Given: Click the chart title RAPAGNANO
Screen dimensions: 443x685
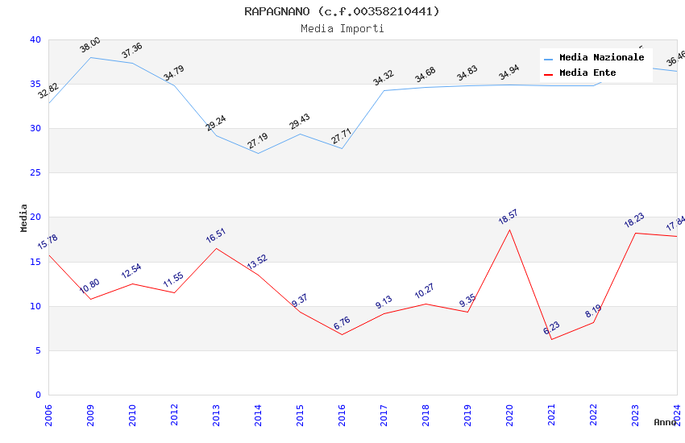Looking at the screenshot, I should coord(342,11).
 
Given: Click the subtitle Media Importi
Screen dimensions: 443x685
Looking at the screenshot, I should coord(342,28).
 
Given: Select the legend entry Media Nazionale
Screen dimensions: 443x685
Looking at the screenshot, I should coord(601,58).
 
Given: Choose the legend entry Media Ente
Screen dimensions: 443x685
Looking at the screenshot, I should coord(587,72).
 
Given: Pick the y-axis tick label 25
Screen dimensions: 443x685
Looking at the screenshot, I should coord(35,173).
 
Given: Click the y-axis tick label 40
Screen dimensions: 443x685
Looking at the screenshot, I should coord(35,39).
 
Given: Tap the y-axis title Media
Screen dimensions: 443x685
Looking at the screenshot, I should coord(23,217).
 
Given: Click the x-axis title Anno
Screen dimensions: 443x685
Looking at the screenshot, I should coord(665,422).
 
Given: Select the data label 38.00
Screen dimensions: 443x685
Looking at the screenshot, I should coord(89,45).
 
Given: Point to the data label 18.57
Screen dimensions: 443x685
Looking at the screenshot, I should coord(509,217).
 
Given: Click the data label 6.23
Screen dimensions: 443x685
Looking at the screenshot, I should coord(551,328).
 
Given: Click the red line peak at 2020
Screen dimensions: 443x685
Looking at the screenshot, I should coord(509,230).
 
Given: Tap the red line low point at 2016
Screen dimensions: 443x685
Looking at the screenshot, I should coord(342,334).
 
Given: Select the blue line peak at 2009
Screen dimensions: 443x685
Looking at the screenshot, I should coord(90,57).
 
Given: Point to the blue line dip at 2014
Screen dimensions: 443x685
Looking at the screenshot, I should coord(258,153).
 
